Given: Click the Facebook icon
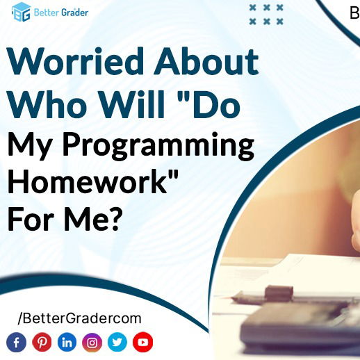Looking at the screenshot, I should coord(17,342).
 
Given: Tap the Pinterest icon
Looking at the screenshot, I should coord(42,342).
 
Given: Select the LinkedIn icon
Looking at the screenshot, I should coord(67,342).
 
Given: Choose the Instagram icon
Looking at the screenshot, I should coord(92,342).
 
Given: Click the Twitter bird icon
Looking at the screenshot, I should coord(117,342).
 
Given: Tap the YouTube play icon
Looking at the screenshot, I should coord(142,342).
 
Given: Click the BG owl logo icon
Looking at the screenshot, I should coord(22,13).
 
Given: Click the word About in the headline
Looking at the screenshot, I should coord(206,62).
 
